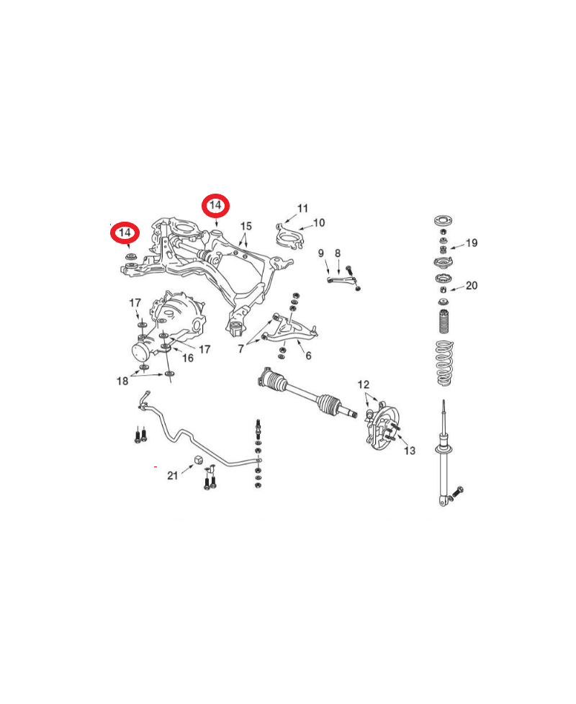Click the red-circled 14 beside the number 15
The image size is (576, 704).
coord(215,206)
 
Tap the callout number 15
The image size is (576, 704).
coord(246,226)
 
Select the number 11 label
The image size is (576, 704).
coord(302,208)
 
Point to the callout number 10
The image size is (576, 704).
coord(319,222)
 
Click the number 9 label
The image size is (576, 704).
coord(321,253)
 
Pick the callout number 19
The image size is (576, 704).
coord(472,243)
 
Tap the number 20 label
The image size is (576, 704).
coord(472,286)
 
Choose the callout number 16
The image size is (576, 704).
coord(188,358)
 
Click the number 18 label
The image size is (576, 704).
coord(122,382)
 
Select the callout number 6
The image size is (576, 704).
coord(308,356)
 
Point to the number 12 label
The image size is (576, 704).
coord(364,385)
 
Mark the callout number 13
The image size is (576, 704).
coord(410,451)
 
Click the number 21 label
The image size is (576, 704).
coord(173,476)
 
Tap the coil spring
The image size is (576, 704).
coord(445,364)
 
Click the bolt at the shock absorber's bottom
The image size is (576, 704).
coord(456,492)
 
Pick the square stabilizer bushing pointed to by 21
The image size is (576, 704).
coord(199,460)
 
